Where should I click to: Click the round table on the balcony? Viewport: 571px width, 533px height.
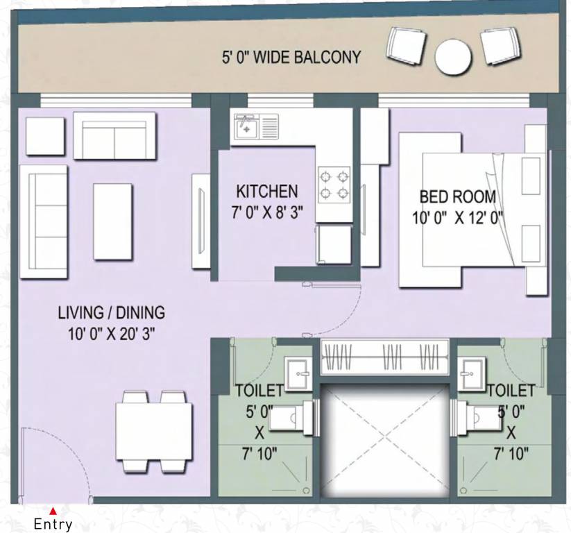(453, 56)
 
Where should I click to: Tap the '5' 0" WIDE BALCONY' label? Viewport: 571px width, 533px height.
(291, 57)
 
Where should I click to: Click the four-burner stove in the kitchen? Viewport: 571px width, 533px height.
(334, 184)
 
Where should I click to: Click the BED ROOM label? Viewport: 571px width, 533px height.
(457, 196)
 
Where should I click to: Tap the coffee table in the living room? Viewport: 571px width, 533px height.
(112, 220)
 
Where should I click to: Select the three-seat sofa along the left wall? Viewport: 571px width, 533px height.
(43, 221)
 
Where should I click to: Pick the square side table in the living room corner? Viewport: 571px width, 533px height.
(45, 136)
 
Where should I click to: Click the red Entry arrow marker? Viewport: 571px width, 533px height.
(53, 511)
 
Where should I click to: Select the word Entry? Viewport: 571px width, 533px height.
(53, 525)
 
